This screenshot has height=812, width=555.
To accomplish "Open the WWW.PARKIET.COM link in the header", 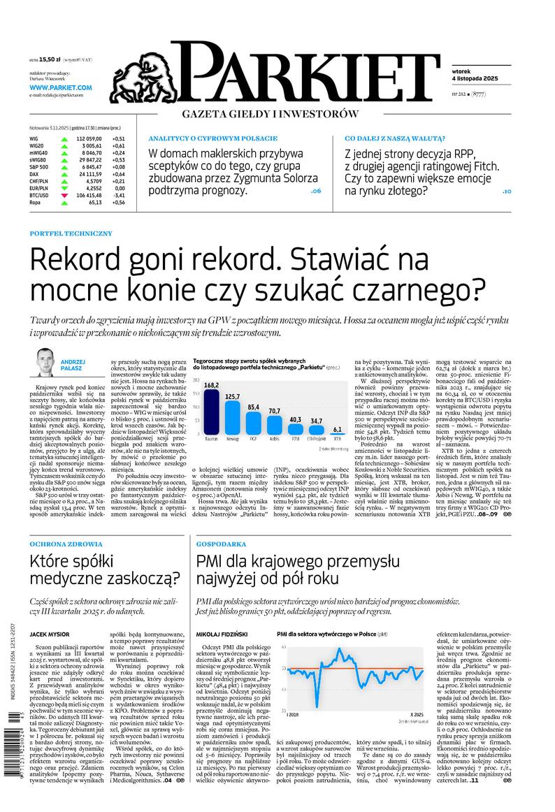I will coord(61,87).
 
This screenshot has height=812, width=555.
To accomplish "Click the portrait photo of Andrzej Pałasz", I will coord(48,361).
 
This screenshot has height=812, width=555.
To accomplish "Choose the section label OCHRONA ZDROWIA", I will coord(66,543).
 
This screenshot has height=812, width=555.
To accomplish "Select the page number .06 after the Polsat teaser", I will coord(315,191).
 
